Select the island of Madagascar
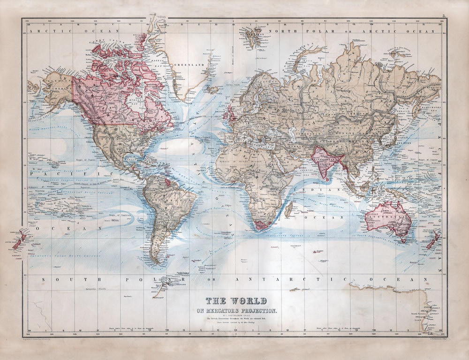coord(289,209)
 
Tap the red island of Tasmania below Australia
coord(401,240)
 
